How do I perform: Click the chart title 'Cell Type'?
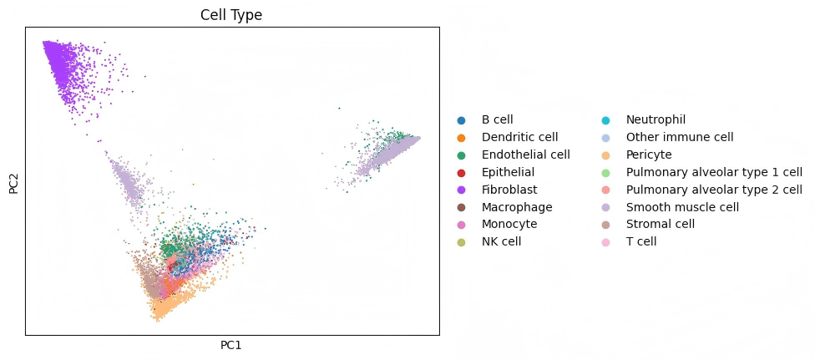tap(232, 14)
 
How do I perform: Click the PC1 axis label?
tap(232, 345)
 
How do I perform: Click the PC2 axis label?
tap(13, 181)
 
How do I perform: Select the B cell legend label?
tap(498, 119)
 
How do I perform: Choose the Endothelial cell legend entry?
tap(525, 155)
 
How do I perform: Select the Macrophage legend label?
tap(517, 207)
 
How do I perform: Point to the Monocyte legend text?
tap(509, 224)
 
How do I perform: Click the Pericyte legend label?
tap(649, 155)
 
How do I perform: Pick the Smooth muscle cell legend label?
tap(682, 207)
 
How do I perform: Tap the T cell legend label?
tap(641, 242)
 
